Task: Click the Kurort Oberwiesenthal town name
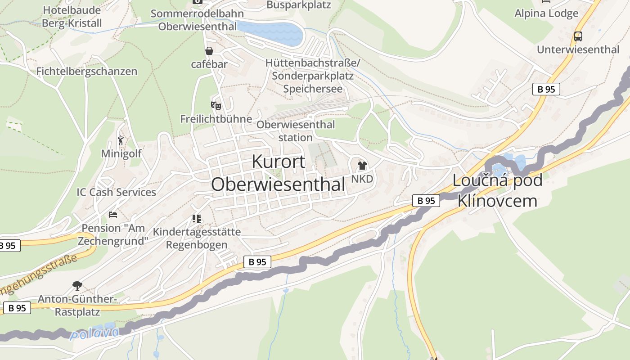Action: click(278, 173)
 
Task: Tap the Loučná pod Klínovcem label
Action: click(497, 190)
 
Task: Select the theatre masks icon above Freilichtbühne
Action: click(216, 106)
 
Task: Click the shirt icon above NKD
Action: click(362, 166)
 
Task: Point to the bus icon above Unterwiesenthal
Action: click(578, 36)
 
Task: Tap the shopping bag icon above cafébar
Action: click(209, 51)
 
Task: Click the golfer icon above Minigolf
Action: click(121, 140)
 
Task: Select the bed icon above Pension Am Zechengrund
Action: click(113, 215)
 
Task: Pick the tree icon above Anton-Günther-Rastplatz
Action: click(77, 285)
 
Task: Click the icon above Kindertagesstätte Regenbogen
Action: click(197, 219)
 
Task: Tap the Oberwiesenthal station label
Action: click(296, 131)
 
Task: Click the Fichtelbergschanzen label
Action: click(87, 72)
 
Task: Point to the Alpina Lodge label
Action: click(546, 13)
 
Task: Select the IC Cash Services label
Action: click(116, 192)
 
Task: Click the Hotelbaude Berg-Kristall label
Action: click(72, 17)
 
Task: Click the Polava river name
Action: click(94, 333)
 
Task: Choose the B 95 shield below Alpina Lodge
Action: click(546, 89)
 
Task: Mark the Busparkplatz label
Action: click(299, 5)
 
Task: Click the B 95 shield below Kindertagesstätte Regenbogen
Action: click(257, 262)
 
